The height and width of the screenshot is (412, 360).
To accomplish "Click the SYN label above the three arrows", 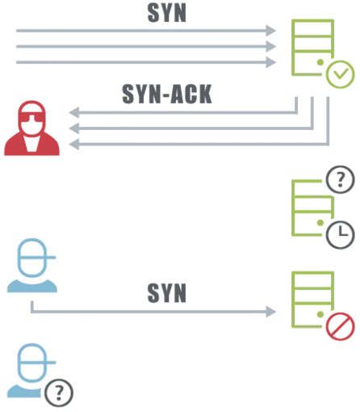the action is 167,13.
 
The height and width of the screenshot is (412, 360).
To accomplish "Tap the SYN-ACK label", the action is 167,94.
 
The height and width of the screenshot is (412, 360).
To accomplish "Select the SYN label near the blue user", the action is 167,293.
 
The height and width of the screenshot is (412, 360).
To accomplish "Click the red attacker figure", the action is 31,128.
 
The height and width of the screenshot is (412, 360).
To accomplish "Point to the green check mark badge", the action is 340,74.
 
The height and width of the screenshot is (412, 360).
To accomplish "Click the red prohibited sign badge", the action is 340,326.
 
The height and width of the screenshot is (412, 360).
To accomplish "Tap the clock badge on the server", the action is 340,234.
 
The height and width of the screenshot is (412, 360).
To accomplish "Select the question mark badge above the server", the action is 340,179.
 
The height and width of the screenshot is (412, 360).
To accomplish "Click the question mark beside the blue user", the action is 59,393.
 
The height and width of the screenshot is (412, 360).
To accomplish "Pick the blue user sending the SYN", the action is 31,265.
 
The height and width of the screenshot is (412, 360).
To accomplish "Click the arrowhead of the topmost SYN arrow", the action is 271,31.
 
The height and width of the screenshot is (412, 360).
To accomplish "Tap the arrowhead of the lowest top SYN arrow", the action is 271,62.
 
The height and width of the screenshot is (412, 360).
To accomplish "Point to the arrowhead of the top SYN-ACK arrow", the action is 74,112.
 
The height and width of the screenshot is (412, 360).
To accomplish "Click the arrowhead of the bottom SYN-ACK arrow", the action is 74,145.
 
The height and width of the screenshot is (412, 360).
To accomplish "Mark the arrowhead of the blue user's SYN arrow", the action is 271,312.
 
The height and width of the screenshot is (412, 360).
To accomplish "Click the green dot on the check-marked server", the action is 320,62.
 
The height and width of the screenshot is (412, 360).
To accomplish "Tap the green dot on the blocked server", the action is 320,314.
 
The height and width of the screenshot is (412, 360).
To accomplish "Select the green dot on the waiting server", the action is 320,223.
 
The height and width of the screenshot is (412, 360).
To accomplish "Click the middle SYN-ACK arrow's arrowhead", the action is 74,128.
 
